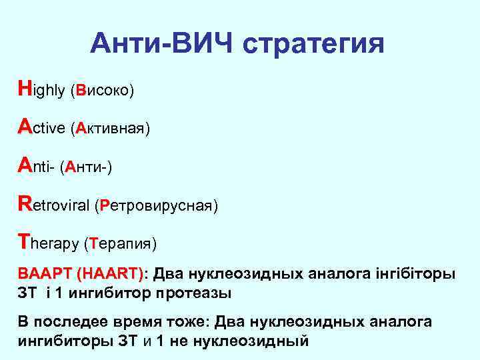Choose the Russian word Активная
coord(109,129)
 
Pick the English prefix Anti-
coord(36,166)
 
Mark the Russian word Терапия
coord(121,244)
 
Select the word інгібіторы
coord(418,274)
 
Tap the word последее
coord(67,322)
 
